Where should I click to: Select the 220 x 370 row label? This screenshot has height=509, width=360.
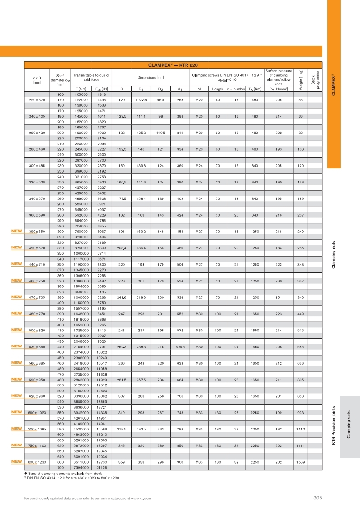coord(38,99)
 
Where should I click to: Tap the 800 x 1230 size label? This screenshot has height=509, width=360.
coord(38,462)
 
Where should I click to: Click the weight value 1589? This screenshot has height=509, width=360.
coord(301,462)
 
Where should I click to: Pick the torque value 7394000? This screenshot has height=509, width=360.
coord(81,467)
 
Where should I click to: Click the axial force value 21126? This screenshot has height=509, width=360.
coord(101,467)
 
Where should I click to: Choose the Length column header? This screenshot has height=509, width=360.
coord(217,89)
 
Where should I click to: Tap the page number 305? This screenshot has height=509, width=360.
coord(317,499)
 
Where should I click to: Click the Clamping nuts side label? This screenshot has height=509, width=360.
coord(334,254)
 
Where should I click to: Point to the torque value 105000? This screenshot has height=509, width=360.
coord(81,94)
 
